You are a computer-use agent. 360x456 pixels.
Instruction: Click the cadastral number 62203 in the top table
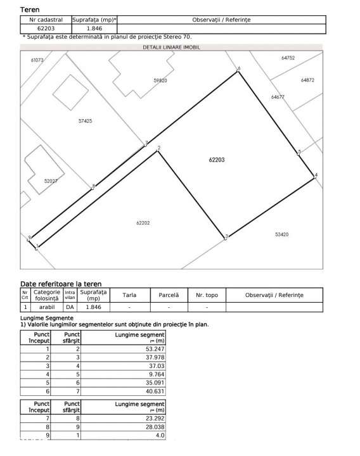click(46, 28)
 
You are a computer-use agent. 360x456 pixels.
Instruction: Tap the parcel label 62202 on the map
click(142, 222)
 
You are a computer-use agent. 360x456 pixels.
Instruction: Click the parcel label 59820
click(160, 81)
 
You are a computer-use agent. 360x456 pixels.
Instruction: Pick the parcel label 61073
click(37, 60)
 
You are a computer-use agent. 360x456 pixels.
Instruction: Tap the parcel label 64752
click(288, 58)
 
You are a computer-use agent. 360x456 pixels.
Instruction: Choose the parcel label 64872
click(307, 80)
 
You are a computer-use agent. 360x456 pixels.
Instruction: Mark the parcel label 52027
click(51, 181)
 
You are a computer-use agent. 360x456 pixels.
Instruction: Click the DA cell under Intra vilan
click(70, 307)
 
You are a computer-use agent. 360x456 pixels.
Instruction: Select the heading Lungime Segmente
click(47, 318)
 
